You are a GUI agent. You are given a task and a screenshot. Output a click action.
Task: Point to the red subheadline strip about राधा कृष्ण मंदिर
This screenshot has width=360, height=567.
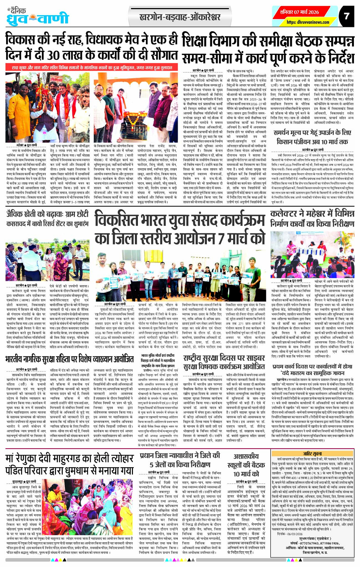(92, 67)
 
